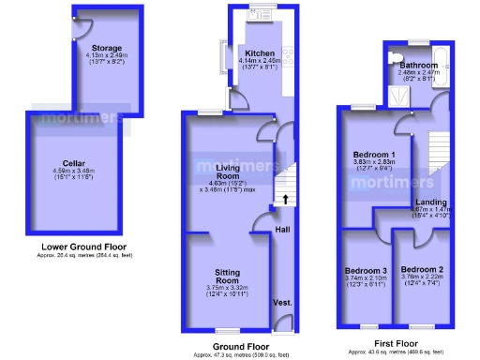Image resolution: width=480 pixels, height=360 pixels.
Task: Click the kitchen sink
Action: [x=251, y=15]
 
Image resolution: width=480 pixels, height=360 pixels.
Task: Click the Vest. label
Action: [x=281, y=303]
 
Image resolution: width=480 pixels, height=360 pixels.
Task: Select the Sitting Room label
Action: [x=222, y=276]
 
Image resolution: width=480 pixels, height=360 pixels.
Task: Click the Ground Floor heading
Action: [x=240, y=346]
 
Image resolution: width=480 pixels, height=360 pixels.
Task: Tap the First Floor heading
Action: [x=396, y=343]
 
